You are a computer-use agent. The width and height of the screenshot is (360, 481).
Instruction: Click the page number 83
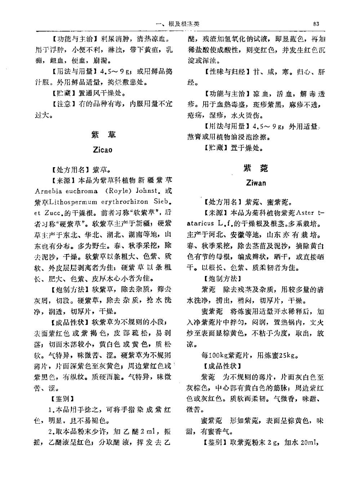[x=316, y=24]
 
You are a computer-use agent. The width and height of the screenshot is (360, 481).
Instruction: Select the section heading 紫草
[x=103, y=135]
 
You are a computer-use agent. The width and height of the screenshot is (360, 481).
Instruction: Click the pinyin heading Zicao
[x=103, y=150]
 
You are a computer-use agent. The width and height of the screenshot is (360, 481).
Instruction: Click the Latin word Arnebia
[x=48, y=191]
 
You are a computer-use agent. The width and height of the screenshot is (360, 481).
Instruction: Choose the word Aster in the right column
[x=305, y=213]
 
